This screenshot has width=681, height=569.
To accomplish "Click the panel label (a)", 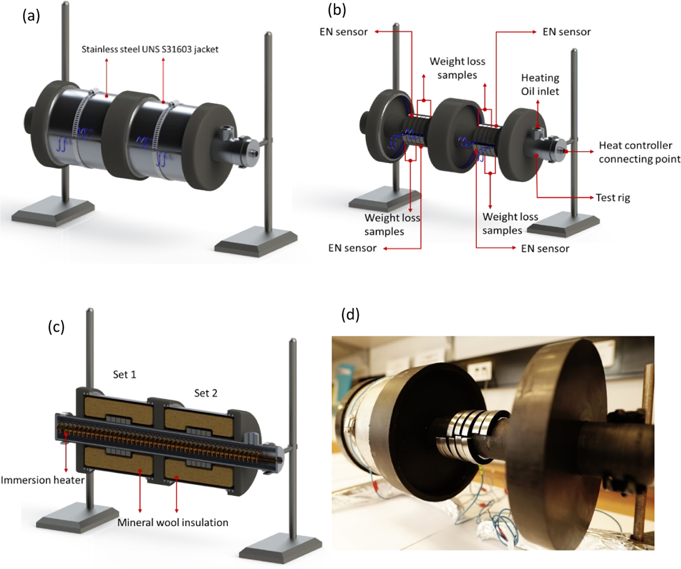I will tap(31, 16).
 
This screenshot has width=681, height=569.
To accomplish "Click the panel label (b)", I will tap(336, 9).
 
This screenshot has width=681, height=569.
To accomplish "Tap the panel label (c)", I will tap(56, 327).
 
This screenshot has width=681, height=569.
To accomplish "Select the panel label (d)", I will tap(350, 314).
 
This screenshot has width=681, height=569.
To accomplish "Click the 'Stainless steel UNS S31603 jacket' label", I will tap(150, 49).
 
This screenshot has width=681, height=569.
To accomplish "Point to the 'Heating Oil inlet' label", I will tap(540, 84).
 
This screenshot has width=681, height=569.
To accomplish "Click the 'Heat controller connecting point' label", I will tap(639, 152).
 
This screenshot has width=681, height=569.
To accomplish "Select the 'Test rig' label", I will tap(612, 198).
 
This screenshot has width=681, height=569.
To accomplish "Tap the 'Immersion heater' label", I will tap(42, 480).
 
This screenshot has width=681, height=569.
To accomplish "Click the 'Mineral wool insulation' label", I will tap(172, 522).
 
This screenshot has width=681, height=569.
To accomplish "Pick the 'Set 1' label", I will tap(124, 374).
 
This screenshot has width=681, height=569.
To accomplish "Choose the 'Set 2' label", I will tap(205, 393).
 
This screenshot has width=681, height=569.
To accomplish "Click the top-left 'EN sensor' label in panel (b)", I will tap(344, 32).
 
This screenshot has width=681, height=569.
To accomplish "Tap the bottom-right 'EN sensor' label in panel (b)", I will tap(545, 249).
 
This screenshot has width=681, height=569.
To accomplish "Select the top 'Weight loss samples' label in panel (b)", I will tap(457, 68).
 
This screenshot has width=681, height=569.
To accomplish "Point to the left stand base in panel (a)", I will tap(52, 212).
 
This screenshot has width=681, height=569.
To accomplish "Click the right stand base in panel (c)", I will tap(280, 548).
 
